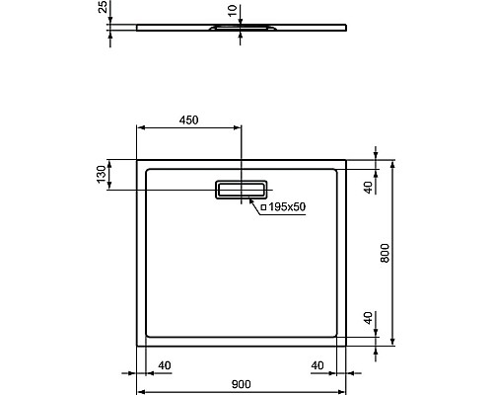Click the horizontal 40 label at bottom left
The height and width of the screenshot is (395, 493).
coord(165,365)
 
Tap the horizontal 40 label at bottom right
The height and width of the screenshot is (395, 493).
coord(317,365)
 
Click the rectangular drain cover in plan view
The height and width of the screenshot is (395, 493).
coord(242,189)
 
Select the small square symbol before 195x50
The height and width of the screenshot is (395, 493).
coord(263,209)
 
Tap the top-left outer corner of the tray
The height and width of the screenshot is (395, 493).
coord(136,158)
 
